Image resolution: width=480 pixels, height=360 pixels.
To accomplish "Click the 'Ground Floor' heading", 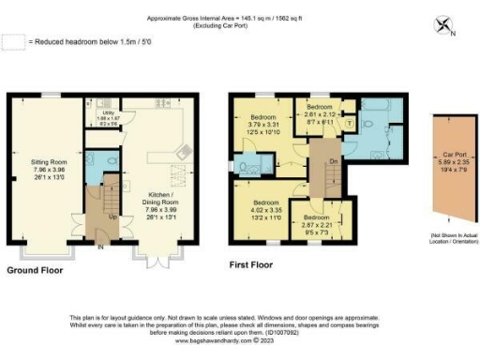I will pyautogui.click(x=35, y=269).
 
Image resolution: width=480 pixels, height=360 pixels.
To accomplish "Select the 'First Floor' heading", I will pyautogui.click(x=254, y=265).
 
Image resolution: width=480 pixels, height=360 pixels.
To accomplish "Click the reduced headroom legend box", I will pyautogui.click(x=13, y=42).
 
